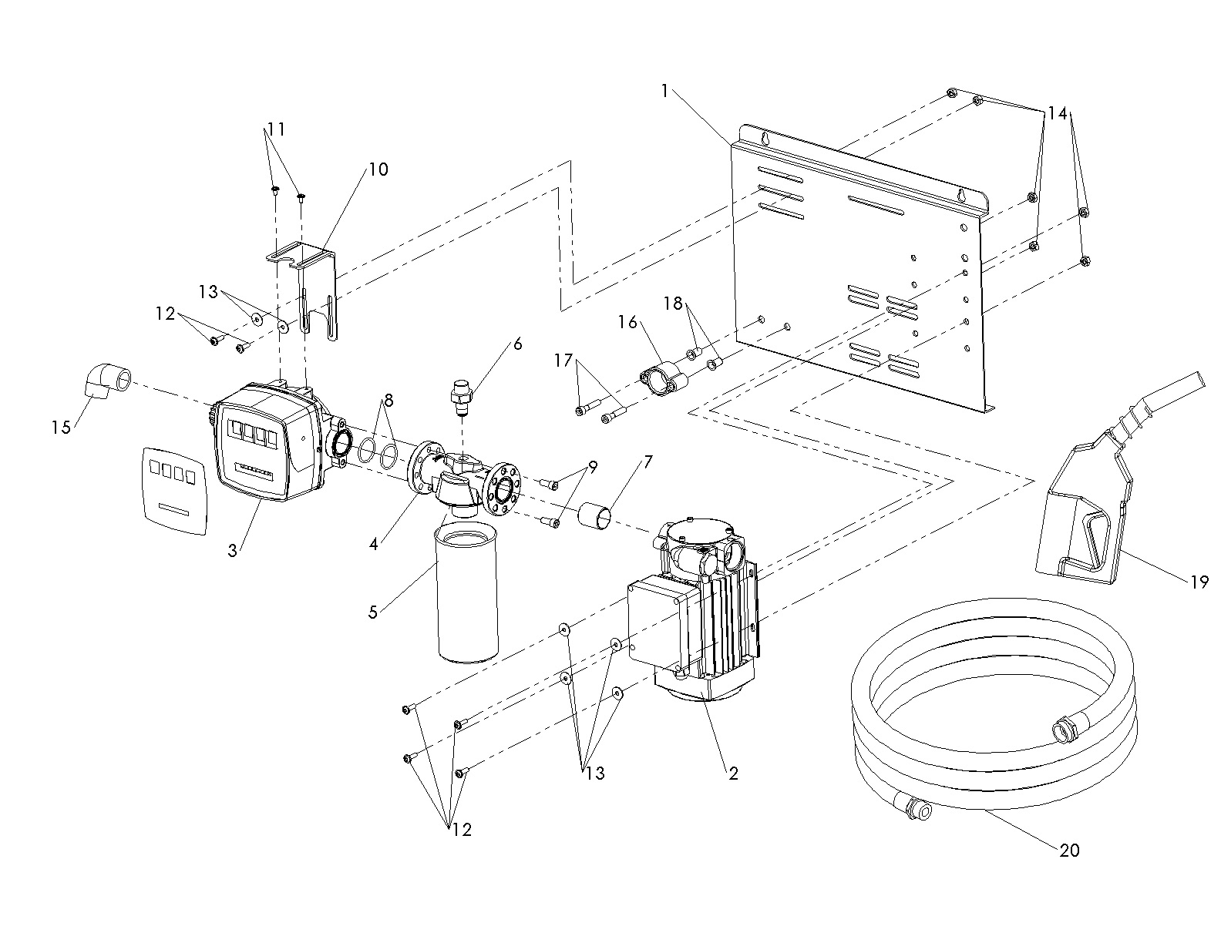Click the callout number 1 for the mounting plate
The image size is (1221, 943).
click(664, 91)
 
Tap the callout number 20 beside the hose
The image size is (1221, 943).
click(1070, 850)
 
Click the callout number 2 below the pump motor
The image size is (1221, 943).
click(733, 773)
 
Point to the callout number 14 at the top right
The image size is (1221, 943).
click(1057, 113)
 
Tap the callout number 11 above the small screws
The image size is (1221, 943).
click(276, 129)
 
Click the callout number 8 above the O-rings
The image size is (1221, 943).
click(388, 400)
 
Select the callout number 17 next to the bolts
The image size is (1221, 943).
click(563, 360)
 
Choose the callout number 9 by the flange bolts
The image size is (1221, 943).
click(592, 466)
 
